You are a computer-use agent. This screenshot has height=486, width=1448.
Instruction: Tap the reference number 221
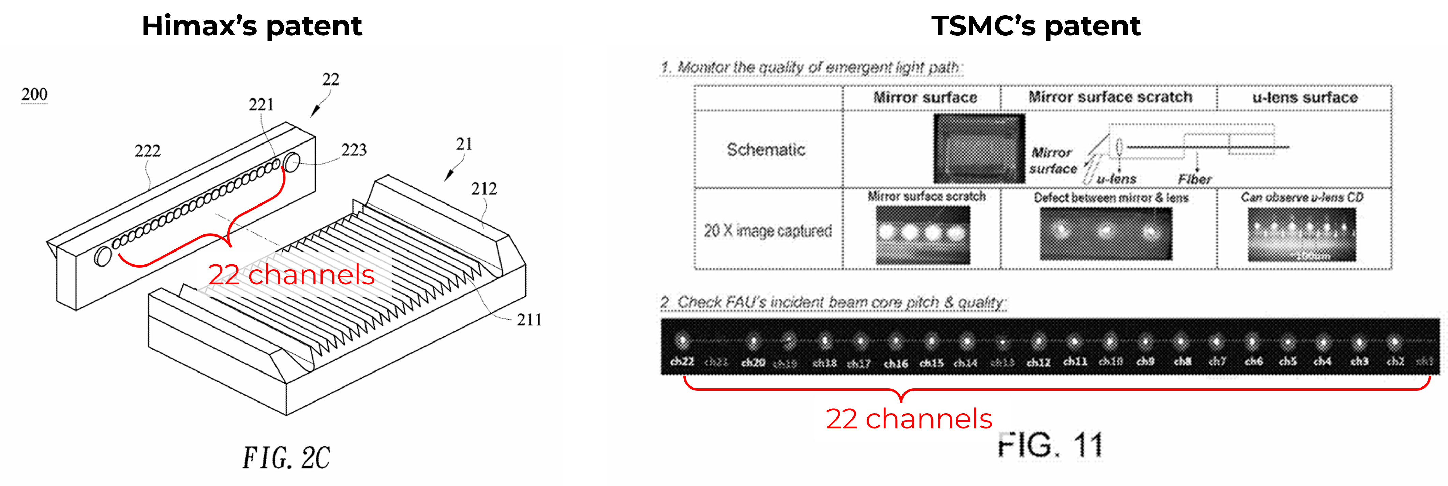(262, 105)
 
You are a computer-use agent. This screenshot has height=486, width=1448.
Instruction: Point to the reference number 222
(147, 151)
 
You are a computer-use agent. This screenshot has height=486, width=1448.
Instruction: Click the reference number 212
(484, 189)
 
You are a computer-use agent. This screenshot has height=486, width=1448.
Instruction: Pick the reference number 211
(529, 320)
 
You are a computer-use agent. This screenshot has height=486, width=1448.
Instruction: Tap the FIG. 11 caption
(1050, 445)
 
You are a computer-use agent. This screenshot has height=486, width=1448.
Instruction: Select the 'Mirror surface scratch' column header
(1110, 97)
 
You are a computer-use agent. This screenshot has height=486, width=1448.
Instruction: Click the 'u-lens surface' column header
(1305, 98)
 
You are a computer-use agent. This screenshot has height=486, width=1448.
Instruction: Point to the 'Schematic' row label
(766, 150)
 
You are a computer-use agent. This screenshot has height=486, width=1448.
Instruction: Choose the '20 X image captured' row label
(768, 230)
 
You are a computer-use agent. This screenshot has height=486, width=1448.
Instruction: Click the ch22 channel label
(682, 362)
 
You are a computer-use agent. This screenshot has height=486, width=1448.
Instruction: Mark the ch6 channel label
(1254, 362)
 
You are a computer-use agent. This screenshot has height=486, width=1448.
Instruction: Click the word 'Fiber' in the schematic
(1194, 179)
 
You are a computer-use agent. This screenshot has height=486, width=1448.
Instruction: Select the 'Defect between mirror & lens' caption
(1111, 198)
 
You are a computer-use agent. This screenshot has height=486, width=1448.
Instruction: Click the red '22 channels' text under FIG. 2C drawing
(291, 275)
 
